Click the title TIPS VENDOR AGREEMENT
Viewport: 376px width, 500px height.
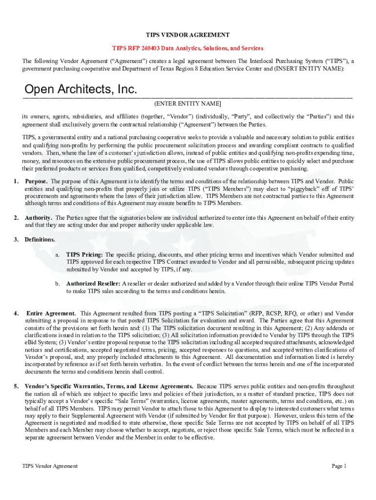tap(188, 35)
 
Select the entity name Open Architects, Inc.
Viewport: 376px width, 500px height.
tap(81, 90)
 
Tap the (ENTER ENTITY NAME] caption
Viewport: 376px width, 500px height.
tap(188, 104)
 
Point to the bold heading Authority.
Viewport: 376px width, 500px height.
tap(40, 218)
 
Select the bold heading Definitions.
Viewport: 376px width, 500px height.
tap(40, 240)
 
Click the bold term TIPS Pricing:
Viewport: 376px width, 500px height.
tap(84, 254)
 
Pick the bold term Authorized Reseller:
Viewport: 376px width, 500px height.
tap(93, 284)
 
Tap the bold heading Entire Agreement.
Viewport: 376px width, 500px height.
tap(51, 313)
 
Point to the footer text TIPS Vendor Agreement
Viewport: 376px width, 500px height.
tap(50, 466)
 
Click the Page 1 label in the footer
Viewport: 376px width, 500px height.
tap(339, 466)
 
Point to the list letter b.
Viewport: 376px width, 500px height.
tap(58, 284)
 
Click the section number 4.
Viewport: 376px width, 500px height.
tap(17, 313)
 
